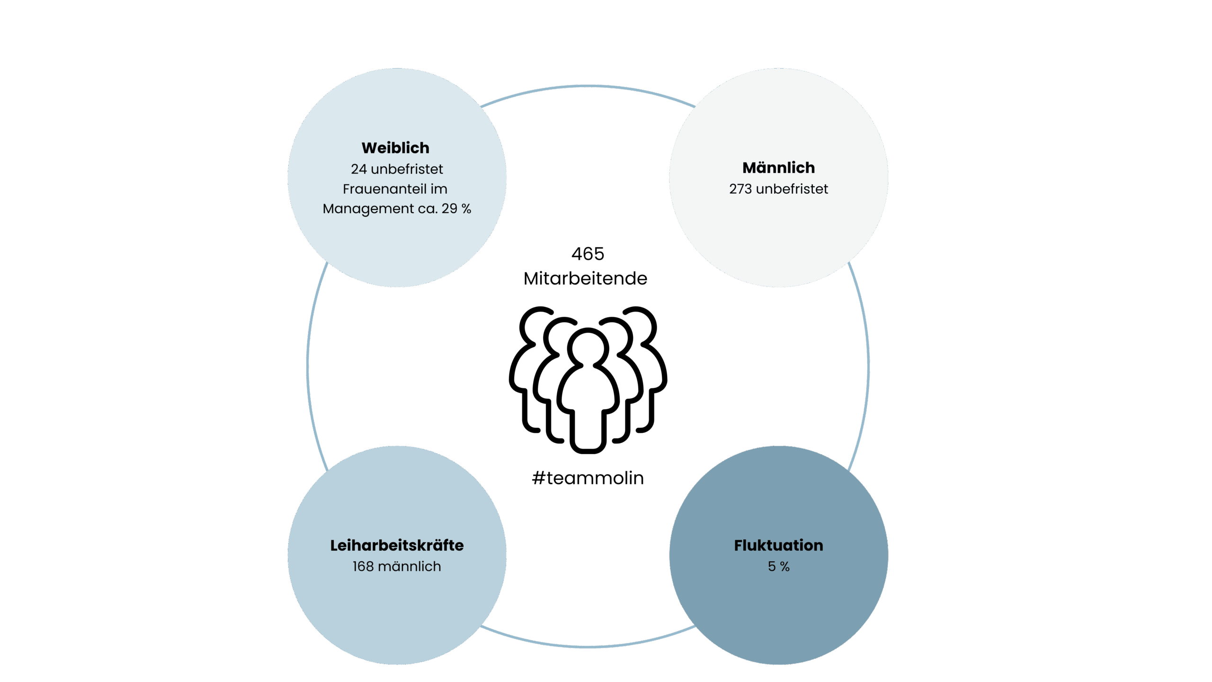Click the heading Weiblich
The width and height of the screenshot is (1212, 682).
(x=395, y=148)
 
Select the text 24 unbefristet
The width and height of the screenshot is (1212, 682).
(x=397, y=169)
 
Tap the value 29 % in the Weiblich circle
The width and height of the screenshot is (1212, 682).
(x=456, y=208)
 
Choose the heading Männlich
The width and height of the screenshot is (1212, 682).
(x=778, y=168)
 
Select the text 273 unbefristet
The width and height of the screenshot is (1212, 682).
(x=778, y=189)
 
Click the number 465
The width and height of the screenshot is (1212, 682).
(x=588, y=254)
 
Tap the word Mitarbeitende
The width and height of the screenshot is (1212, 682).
(x=585, y=278)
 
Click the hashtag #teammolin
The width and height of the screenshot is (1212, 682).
(x=588, y=478)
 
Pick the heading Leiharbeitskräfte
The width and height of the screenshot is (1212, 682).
(x=397, y=545)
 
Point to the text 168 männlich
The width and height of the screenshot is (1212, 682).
(x=397, y=566)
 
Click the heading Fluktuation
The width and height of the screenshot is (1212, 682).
(x=778, y=545)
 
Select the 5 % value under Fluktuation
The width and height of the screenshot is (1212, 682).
(x=778, y=566)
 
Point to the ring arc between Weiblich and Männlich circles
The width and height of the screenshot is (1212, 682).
(x=588, y=86)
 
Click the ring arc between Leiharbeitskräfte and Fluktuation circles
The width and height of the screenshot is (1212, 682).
(x=588, y=646)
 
